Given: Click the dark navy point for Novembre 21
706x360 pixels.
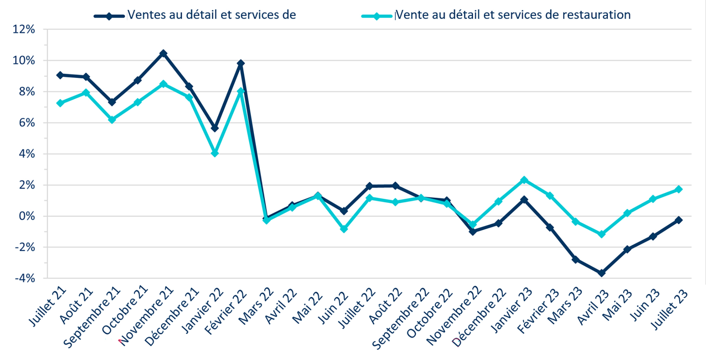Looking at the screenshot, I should (x=163, y=53).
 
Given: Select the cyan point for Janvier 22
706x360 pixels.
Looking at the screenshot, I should (x=215, y=153).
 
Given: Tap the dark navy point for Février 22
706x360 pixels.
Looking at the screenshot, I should (x=241, y=64).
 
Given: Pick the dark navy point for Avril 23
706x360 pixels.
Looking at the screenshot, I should (x=602, y=273).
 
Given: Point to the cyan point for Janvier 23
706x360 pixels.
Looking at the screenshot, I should (x=524, y=180).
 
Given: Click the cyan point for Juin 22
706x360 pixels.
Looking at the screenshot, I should (x=344, y=229).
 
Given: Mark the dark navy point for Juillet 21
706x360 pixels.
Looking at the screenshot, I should (x=60, y=75).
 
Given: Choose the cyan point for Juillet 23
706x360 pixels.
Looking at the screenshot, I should (x=678, y=190).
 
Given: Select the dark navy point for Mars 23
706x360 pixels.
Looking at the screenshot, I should (x=576, y=259).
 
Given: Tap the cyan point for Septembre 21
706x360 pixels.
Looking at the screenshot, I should (x=112, y=120).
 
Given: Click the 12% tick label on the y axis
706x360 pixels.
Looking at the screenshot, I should (x=24, y=29).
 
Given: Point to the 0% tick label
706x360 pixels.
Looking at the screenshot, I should (x=27, y=216).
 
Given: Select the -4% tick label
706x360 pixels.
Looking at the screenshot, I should (x=25, y=278).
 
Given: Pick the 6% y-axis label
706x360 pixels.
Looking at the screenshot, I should (x=27, y=123).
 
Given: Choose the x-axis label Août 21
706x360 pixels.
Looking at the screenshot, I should (x=76, y=306).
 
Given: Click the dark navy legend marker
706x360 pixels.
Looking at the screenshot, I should (x=109, y=16).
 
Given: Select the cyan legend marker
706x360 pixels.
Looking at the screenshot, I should (x=377, y=16).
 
